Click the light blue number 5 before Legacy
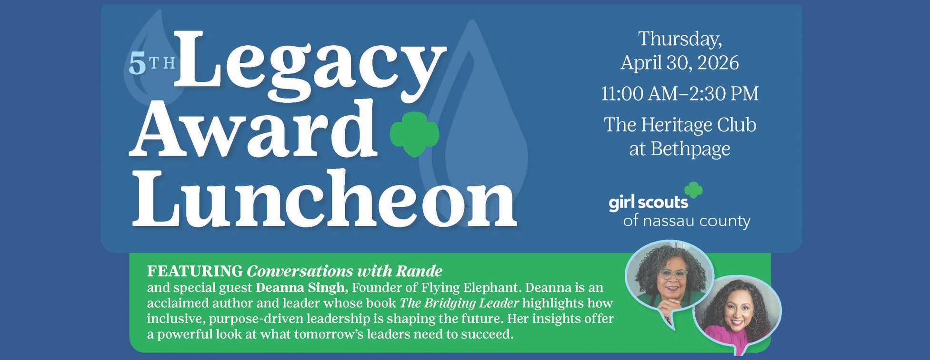coord(137,65)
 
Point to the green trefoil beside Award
coord(414,134)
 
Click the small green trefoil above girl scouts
coord(694,190)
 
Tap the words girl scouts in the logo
coord(648,203)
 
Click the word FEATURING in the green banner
coord(195,271)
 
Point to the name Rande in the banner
coord(419,271)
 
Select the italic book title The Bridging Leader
coord(459,303)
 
